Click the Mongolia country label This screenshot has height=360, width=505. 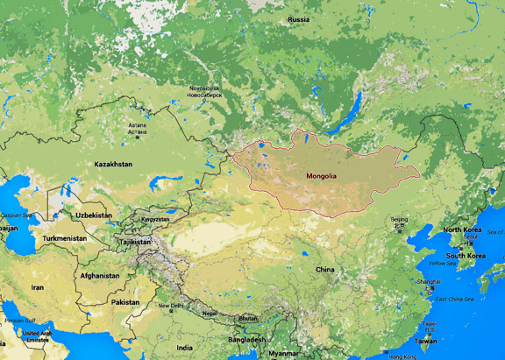tap(321, 176)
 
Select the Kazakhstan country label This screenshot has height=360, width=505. tap(114, 164)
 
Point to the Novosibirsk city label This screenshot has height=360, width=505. tap(206, 91)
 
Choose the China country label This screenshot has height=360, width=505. tap(324, 269)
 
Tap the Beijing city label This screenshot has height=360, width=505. tap(399, 219)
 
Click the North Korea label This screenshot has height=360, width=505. tap(462, 229)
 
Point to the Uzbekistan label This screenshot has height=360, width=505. tap(93, 215)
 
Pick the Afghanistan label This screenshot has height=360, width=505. tap(99, 275)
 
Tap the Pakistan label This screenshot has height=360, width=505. tap(124, 301)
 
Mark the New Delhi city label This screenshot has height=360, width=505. tap(172, 306)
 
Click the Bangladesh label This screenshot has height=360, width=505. tap(246, 339)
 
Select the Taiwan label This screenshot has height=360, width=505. tap(425, 341)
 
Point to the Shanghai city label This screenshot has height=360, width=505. tap(430, 281)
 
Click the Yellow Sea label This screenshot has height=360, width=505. tap(442, 263)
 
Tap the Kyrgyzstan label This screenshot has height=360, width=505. tap(155, 219)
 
